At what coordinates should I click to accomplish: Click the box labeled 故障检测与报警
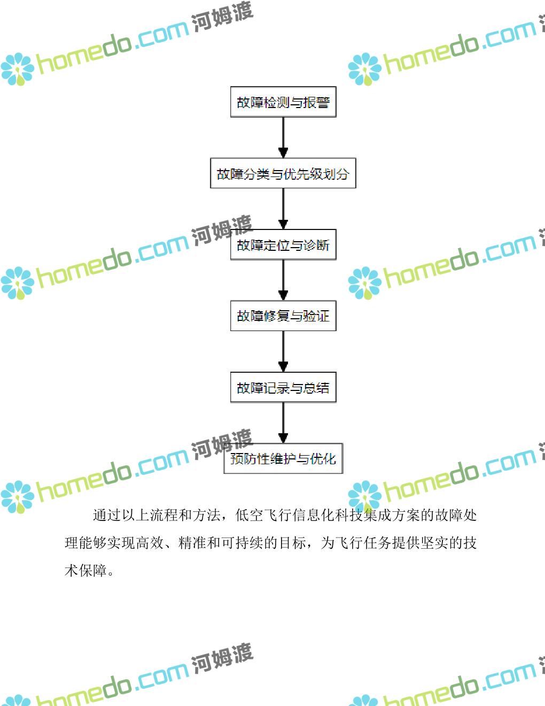[283, 102]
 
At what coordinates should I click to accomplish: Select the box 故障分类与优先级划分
[283, 173]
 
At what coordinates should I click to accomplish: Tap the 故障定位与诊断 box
[283, 245]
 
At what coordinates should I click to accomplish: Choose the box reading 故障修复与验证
[283, 316]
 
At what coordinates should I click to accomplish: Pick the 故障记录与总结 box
[283, 387]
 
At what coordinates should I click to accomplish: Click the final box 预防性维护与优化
[283, 458]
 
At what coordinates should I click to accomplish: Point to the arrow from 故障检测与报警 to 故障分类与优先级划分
[283, 137]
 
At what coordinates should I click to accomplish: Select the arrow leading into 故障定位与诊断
[283, 209]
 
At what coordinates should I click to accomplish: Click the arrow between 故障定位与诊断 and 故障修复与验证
[283, 280]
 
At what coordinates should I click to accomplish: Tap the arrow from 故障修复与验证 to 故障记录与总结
[283, 351]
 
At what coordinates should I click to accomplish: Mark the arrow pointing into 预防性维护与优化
[283, 423]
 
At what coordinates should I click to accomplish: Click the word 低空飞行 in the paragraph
[263, 515]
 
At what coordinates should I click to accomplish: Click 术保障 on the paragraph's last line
[85, 571]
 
